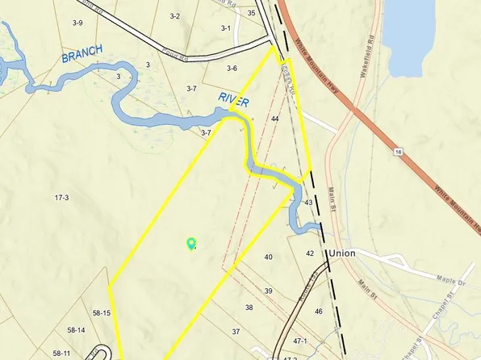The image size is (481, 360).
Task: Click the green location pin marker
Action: click(x=191, y=242)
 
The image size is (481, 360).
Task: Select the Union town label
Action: click(x=342, y=253)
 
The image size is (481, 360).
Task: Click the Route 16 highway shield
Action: click(x=398, y=151)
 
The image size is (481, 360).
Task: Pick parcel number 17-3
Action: click(x=61, y=197)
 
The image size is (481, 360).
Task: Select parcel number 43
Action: click(x=308, y=203)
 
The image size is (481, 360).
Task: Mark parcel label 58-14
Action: click(x=77, y=330)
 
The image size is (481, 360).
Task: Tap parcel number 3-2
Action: click(x=175, y=15)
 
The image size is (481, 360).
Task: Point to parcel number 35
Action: click(x=252, y=13)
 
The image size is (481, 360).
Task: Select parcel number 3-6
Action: click(x=232, y=69)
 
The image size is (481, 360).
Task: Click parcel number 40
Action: click(x=268, y=257)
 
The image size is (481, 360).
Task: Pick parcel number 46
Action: click(x=319, y=311)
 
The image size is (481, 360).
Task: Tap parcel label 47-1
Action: click(x=300, y=341)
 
